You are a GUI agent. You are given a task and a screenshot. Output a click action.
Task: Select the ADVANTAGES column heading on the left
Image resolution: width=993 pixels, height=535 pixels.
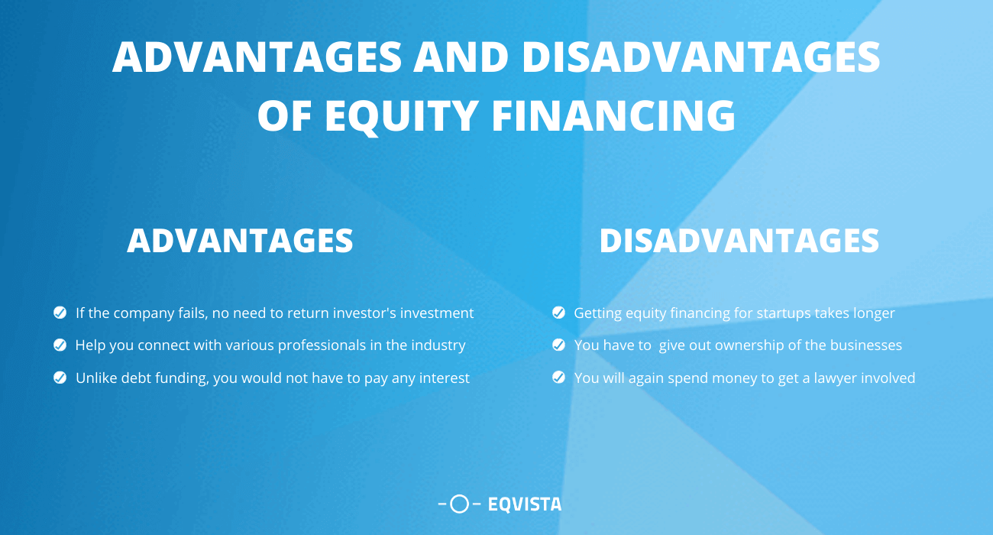pos(240,241)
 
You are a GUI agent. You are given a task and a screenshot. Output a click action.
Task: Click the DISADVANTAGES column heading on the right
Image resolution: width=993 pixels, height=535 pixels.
pos(739,241)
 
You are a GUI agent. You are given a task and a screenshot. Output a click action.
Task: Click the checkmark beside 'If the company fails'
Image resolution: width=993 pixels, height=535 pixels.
pos(60,313)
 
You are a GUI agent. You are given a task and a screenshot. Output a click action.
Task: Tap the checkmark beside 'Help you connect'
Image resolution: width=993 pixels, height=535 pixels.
pos(60,345)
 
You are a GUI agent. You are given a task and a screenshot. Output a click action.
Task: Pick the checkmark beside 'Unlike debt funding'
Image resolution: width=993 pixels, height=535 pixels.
pos(60,378)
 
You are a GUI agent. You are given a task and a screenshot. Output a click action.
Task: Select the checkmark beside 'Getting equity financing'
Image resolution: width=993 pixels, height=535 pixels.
pos(558,313)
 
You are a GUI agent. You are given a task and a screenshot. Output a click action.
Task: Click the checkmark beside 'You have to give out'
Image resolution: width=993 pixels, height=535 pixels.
pos(558,345)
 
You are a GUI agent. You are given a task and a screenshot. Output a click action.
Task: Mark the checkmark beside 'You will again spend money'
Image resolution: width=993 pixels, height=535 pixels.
pos(558,378)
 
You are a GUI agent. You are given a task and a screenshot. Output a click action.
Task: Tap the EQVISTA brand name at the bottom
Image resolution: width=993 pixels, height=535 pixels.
pos(524,504)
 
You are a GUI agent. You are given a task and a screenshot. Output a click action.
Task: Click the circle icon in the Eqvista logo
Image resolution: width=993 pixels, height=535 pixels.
pos(459,504)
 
